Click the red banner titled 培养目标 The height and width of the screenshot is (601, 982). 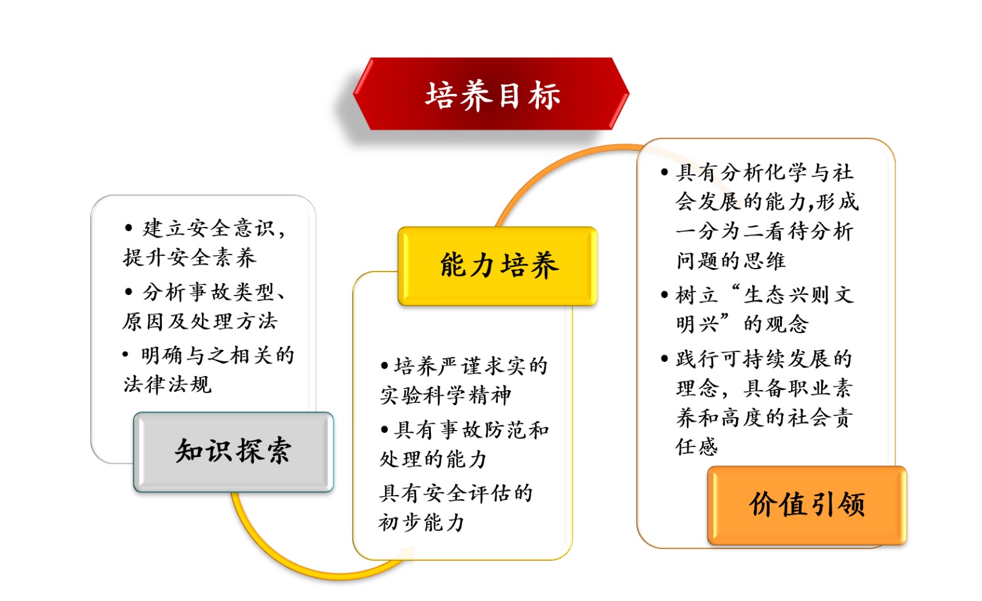[491, 94]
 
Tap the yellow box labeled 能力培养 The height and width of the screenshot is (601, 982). [498, 266]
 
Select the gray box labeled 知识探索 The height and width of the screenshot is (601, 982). [234, 451]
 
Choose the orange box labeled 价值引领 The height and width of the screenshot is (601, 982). [807, 505]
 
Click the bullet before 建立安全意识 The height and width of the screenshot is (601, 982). [128, 228]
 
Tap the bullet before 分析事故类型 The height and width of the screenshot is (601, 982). [128, 291]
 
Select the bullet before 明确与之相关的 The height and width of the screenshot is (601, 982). [126, 354]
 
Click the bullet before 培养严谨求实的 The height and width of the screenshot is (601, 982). [384, 366]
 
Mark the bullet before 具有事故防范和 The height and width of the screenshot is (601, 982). [384, 429]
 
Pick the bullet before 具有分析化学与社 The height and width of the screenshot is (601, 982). [665, 172]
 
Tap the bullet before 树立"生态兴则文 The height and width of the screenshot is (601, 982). [665, 295]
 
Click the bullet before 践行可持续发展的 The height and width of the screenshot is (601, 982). [665, 359]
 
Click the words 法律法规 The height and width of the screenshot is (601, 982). [168, 385]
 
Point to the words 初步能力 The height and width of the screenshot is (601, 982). [421, 523]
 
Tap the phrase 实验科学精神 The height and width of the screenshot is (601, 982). [446, 395]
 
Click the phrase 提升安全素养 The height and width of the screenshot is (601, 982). [190, 257]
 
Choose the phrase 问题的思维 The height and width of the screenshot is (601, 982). [731, 261]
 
